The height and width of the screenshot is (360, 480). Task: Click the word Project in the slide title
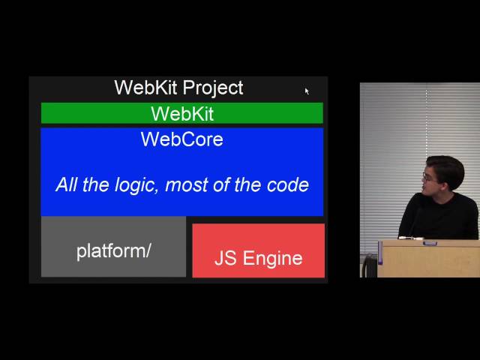coord(213,88)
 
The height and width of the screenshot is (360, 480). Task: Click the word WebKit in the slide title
coord(145,88)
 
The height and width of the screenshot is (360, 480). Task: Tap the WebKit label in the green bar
coord(182,114)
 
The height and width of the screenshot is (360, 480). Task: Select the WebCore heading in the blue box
coord(182,139)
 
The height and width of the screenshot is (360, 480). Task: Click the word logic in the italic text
coord(136,185)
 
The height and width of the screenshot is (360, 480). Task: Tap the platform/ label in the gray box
coord(113,251)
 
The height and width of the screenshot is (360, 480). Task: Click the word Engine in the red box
coord(273,258)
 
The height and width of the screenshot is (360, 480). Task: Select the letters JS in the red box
coord(226,258)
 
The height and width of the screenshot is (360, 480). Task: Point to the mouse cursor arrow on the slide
coord(307,91)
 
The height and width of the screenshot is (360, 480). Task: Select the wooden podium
coord(428,259)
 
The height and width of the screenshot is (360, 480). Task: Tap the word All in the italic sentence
coord(67,184)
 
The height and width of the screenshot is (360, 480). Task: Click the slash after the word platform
coord(148,251)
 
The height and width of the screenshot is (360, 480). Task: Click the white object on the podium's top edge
coord(411,238)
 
